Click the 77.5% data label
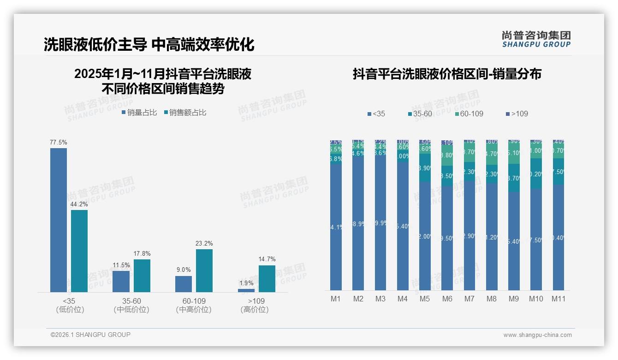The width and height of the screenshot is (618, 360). (x=59, y=142)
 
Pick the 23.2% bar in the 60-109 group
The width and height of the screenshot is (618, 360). (x=204, y=270)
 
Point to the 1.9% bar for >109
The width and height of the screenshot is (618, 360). (x=246, y=290)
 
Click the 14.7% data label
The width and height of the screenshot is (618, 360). (x=267, y=259)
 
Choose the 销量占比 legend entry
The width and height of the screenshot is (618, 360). (x=139, y=112)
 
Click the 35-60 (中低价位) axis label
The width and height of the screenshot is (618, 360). (x=131, y=305)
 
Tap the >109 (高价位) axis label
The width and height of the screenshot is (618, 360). (x=255, y=305)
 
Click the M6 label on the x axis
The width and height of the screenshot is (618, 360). (x=447, y=299)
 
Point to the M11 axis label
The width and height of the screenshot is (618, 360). (x=559, y=299)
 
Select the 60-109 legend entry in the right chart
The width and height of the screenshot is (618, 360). (x=469, y=114)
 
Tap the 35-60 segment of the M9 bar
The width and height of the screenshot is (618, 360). (x=514, y=178)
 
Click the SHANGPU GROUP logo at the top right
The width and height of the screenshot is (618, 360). (x=536, y=39)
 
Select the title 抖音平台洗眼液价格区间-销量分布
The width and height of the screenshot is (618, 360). (x=447, y=74)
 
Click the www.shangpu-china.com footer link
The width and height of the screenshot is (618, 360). (x=537, y=335)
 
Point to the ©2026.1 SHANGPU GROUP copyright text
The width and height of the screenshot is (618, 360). (x=90, y=335)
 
